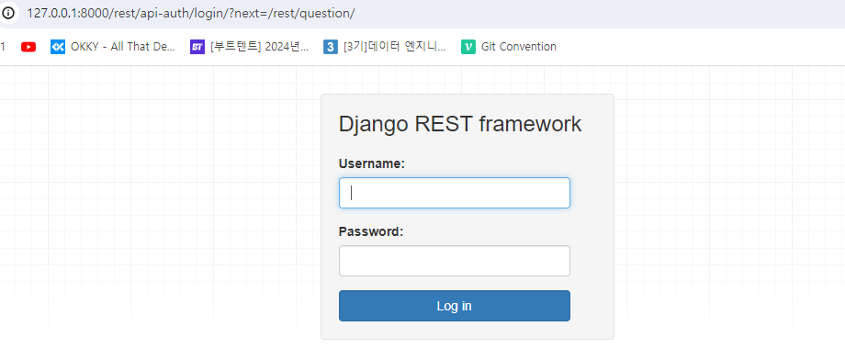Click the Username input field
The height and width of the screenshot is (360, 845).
[454, 193]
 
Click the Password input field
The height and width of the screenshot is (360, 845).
[454, 261]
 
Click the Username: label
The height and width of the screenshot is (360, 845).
[372, 163]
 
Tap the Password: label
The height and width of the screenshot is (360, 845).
[371, 231]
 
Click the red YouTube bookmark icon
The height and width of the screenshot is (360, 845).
[28, 47]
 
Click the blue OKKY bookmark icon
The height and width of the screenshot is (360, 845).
[58, 47]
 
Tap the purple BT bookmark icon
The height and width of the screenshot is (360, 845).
[197, 47]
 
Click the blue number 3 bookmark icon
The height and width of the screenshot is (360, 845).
[331, 47]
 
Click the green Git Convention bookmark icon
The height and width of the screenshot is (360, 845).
[468, 47]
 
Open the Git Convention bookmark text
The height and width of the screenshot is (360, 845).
[519, 47]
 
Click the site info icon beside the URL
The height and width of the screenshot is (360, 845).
[9, 14]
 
